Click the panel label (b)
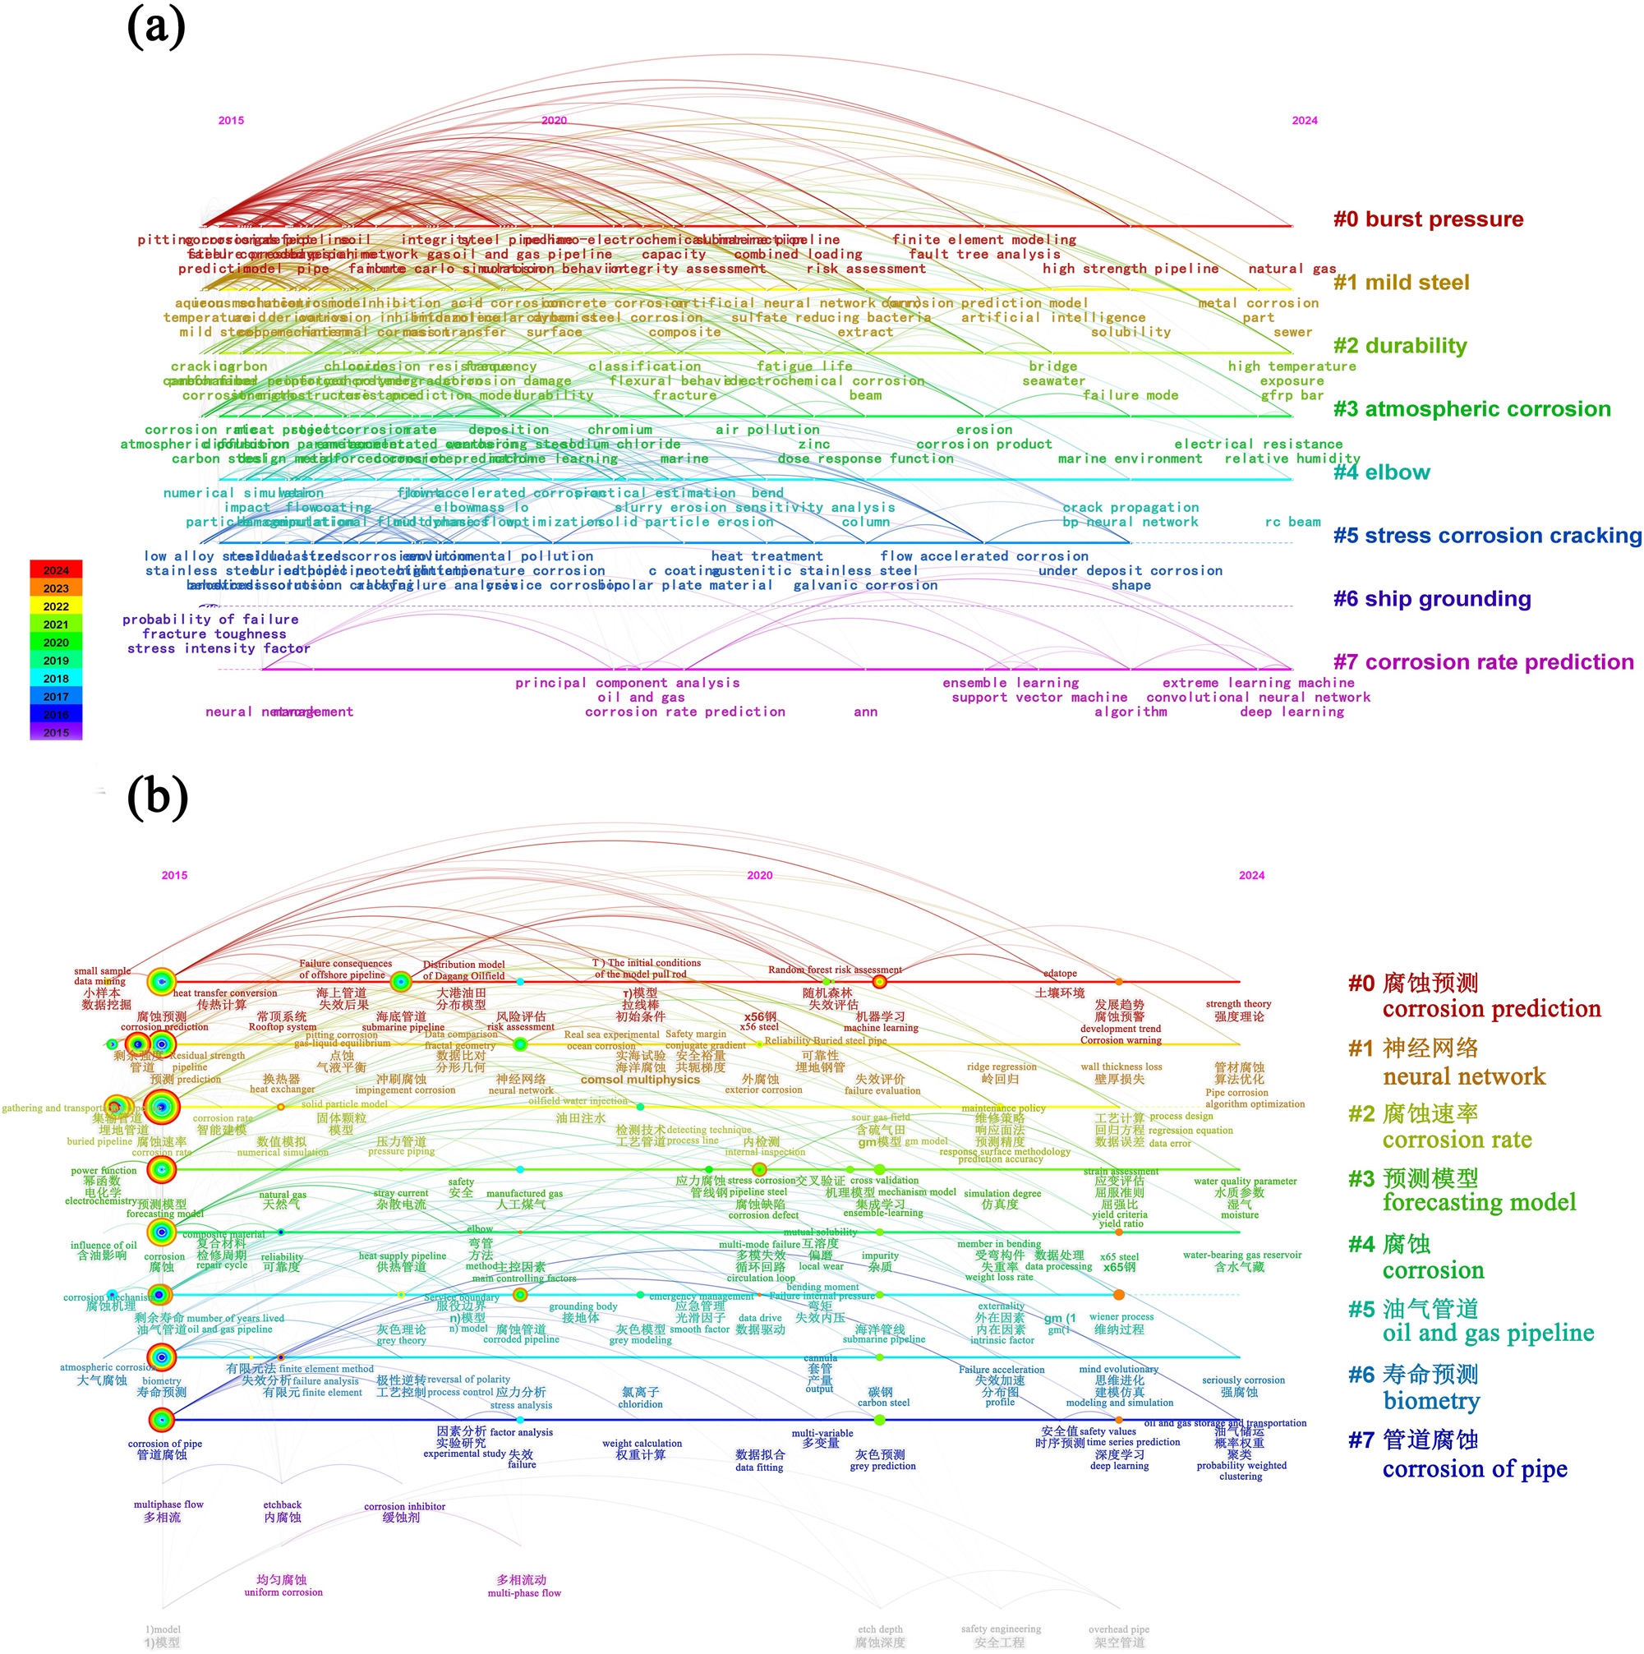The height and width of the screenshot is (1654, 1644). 158,797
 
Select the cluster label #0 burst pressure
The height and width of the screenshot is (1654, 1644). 1427,219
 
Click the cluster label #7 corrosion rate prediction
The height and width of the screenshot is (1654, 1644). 1482,661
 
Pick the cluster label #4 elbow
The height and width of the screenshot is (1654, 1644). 1381,472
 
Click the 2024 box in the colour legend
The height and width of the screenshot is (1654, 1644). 56,570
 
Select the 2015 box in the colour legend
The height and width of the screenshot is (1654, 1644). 56,732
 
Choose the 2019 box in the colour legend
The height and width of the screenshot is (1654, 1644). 56,660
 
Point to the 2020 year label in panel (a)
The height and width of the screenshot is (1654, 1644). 554,121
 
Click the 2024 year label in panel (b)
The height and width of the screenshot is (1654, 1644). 1251,875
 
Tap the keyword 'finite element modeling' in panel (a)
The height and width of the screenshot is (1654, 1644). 983,240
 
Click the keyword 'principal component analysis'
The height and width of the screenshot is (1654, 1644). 627,682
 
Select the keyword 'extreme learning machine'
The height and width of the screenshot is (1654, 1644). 1258,682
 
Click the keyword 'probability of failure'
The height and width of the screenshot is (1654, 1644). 210,619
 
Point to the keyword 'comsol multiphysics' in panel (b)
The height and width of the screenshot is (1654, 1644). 640,1080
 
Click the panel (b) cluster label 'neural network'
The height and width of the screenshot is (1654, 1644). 1463,1076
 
